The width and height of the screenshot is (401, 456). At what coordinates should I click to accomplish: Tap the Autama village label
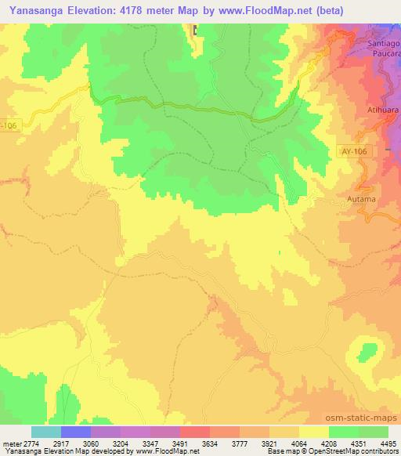pos(361,200)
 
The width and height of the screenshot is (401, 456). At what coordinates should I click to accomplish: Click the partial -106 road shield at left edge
pos(7,124)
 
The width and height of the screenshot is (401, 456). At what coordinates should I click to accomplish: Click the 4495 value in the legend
pos(389,444)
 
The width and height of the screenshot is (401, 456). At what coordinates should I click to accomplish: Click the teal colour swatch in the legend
pos(46,432)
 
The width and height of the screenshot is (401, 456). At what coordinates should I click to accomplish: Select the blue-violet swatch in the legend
pos(76,432)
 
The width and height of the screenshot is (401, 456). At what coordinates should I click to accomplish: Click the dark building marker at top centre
pos(196,31)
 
